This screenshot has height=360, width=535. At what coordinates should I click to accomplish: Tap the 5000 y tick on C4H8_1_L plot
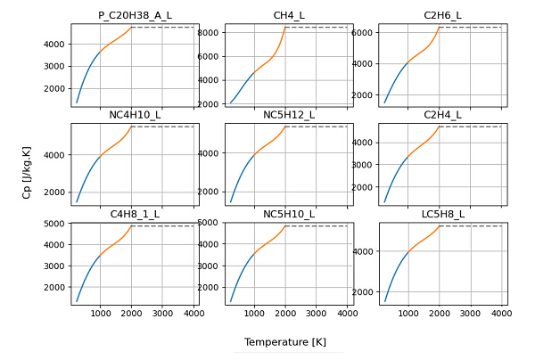54,224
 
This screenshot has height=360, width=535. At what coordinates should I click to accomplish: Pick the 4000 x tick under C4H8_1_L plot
193,314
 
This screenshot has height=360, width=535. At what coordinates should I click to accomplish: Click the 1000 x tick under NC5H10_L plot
255,314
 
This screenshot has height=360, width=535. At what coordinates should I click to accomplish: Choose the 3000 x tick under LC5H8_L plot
470,314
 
